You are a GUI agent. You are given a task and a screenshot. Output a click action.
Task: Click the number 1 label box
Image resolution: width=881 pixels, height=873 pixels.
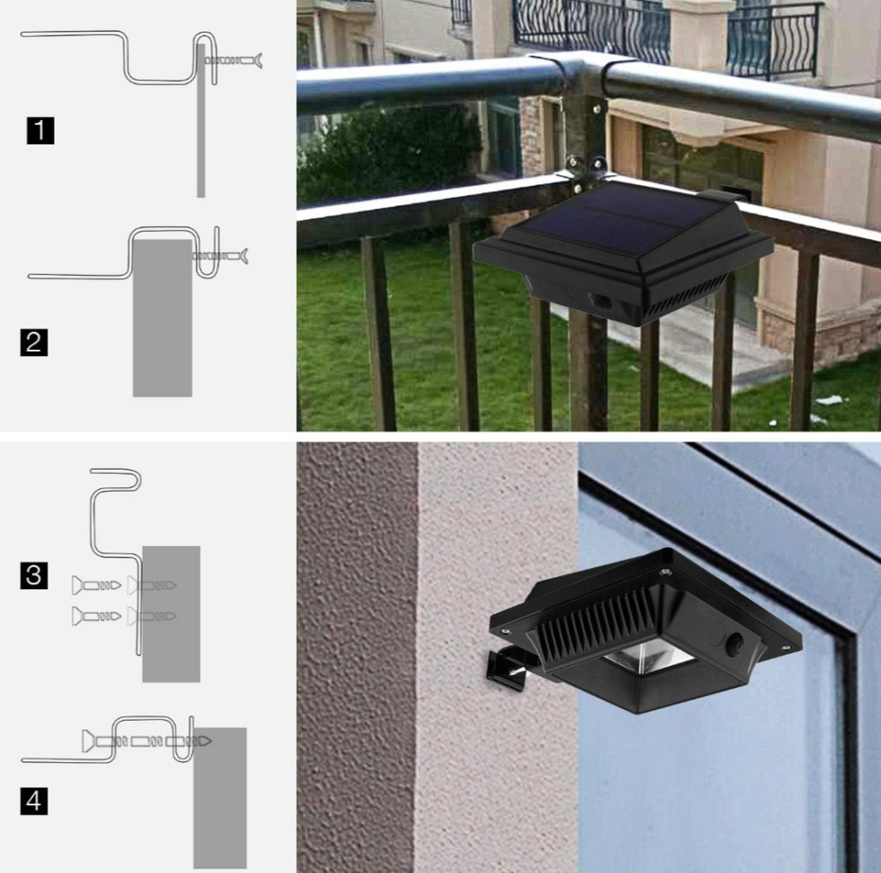tap(41, 130)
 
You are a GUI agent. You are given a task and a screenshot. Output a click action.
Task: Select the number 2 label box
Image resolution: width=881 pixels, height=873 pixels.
tap(33, 342)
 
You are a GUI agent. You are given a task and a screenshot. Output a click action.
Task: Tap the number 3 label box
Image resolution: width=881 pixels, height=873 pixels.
tap(33, 575)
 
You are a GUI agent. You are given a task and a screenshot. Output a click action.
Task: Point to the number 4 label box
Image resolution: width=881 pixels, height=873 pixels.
tap(33, 801)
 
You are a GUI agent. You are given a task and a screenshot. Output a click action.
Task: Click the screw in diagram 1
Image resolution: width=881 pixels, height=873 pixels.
tap(233, 60)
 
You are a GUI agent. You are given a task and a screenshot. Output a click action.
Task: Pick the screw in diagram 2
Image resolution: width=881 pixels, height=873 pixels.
tap(219, 256)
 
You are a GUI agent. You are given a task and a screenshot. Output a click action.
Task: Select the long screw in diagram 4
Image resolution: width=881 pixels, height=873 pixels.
tap(146, 742)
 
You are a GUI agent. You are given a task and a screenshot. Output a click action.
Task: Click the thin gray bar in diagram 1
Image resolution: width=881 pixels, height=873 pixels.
tap(201, 121)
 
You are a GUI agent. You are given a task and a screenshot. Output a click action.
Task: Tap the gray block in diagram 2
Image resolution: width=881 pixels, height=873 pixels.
tap(162, 318)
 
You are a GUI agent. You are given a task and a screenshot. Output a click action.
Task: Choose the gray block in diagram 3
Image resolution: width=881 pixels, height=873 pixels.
tap(172, 614)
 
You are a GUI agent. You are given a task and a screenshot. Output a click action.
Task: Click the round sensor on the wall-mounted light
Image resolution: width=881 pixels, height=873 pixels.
tap(736, 646)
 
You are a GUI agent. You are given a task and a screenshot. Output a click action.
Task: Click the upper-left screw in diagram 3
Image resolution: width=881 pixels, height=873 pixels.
tap(96, 585)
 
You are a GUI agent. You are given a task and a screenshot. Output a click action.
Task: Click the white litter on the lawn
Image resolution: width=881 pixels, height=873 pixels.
tap(829, 401)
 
